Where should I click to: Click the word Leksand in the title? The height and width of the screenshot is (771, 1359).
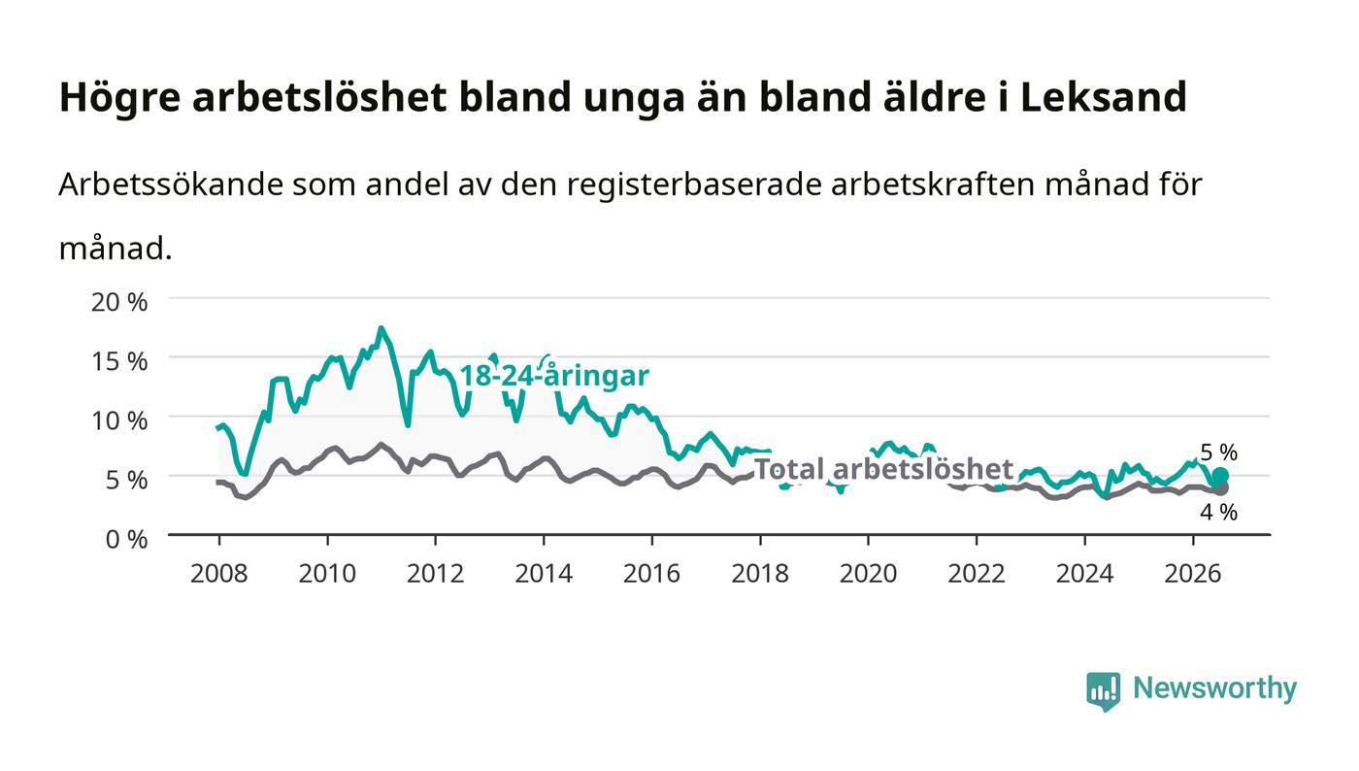(x=1103, y=97)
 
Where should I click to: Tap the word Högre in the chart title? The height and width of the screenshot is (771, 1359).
(x=119, y=98)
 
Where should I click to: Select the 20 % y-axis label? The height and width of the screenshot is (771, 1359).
(x=119, y=302)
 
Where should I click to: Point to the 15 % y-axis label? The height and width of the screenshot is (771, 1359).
(x=119, y=362)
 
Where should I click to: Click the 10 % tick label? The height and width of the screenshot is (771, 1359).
(x=119, y=420)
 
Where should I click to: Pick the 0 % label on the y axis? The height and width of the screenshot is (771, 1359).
(x=127, y=539)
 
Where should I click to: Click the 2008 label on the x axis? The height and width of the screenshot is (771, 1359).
(x=219, y=574)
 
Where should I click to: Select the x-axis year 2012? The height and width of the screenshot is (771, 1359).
(x=436, y=574)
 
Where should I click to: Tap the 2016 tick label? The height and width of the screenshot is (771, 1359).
(x=651, y=574)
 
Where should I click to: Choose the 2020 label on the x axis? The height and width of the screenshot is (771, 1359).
(x=868, y=574)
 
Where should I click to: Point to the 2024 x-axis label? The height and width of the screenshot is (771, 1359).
(x=1085, y=574)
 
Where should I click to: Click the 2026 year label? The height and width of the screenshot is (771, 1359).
(x=1193, y=574)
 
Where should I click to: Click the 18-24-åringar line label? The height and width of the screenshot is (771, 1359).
(x=554, y=376)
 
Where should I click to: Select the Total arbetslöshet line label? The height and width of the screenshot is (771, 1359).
(x=883, y=469)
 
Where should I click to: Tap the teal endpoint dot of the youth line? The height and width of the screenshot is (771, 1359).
(x=1220, y=476)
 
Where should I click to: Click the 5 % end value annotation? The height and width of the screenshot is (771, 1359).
(x=1219, y=453)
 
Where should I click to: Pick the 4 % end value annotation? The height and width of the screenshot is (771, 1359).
(x=1219, y=513)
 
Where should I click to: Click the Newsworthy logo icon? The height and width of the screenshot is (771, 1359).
(x=1103, y=690)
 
